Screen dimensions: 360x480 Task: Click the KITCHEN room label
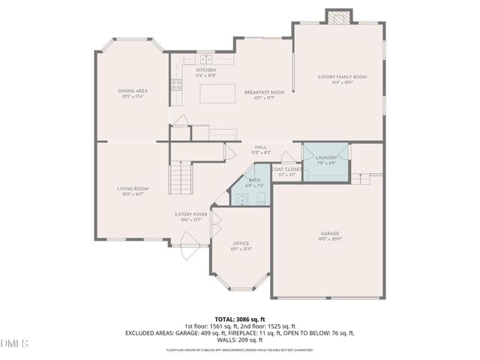point(205,70)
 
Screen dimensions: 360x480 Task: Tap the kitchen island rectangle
point(218,92)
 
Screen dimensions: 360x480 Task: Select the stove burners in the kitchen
point(177,85)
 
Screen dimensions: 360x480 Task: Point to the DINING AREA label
point(131,91)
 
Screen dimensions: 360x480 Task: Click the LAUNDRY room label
point(325,157)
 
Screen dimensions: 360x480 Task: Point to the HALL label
point(260,147)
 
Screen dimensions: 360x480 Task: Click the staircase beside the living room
point(179,178)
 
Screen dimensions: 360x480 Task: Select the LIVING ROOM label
point(132,189)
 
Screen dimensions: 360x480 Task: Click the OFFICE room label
point(241,244)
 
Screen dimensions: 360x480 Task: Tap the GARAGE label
point(330,233)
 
